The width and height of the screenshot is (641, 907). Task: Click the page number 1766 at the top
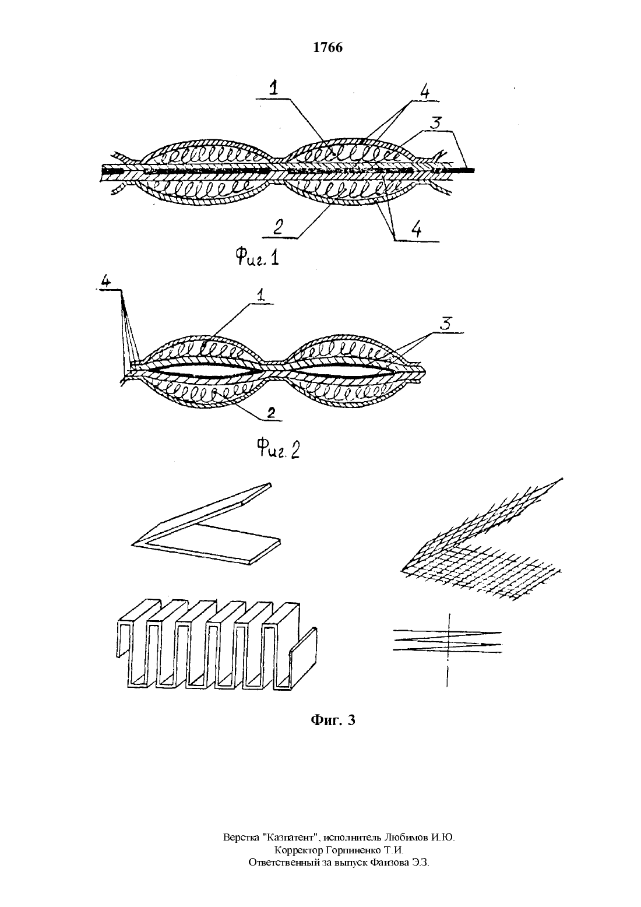pyautogui.click(x=327, y=47)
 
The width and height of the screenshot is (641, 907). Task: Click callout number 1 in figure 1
pyautogui.click(x=274, y=88)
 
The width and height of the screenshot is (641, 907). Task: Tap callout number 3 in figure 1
pyautogui.click(x=435, y=122)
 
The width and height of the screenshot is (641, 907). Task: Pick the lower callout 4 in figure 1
pyautogui.click(x=417, y=230)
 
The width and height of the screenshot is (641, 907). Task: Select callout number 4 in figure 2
pyautogui.click(x=105, y=282)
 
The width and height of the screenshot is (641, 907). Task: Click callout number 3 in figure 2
pyautogui.click(x=446, y=324)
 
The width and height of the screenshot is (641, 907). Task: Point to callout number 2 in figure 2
pyautogui.click(x=271, y=413)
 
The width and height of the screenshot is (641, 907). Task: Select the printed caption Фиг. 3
pyautogui.click(x=333, y=720)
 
